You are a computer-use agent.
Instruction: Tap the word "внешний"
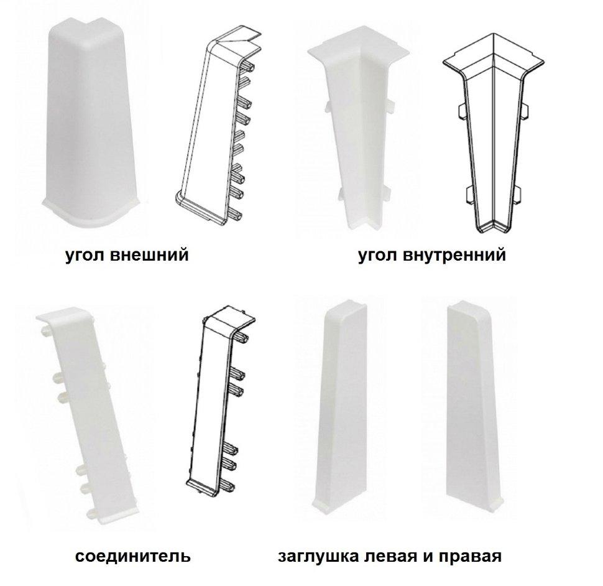click(x=149, y=254)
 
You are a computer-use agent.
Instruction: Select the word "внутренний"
click(x=455, y=254)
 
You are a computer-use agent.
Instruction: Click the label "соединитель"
click(x=132, y=556)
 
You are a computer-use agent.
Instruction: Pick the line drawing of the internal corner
click(x=493, y=133)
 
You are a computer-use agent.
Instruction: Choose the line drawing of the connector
click(x=220, y=400)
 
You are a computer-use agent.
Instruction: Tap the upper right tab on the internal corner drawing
click(x=526, y=111)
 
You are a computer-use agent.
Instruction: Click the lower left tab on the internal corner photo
click(x=342, y=194)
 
